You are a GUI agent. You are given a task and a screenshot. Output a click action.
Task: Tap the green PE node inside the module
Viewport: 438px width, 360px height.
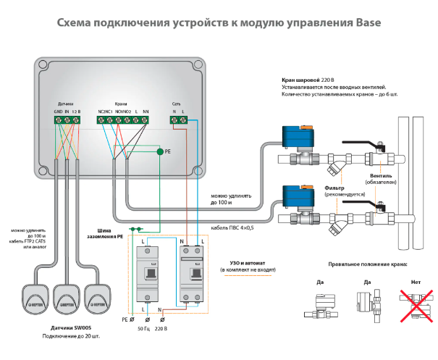point(159,152)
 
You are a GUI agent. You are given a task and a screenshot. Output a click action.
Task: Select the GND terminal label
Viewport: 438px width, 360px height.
point(57,111)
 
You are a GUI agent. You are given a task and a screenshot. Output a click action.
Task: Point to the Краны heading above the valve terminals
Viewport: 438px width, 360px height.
point(122,103)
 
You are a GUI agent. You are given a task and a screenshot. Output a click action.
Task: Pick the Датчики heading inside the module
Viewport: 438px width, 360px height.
point(67,103)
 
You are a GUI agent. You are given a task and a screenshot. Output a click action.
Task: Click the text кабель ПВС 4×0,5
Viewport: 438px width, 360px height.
point(232,227)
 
